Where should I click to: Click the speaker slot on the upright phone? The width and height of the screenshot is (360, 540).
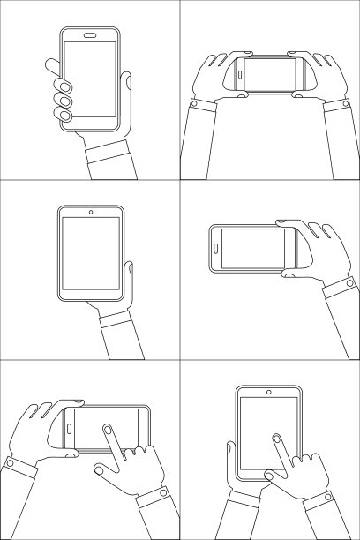coord(90,36)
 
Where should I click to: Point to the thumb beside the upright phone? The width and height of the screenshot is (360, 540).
coord(127,88)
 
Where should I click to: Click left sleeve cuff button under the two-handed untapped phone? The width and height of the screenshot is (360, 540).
coord(193,104)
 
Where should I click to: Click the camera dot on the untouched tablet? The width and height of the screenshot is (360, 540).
coord(91,212)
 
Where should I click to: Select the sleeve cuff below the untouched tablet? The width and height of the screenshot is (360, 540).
coord(116,319)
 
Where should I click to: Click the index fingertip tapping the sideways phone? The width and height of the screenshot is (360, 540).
coord(107,430)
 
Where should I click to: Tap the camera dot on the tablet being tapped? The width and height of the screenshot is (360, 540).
coord(269,391)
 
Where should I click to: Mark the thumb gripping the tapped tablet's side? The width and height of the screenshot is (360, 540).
coord(230,455)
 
